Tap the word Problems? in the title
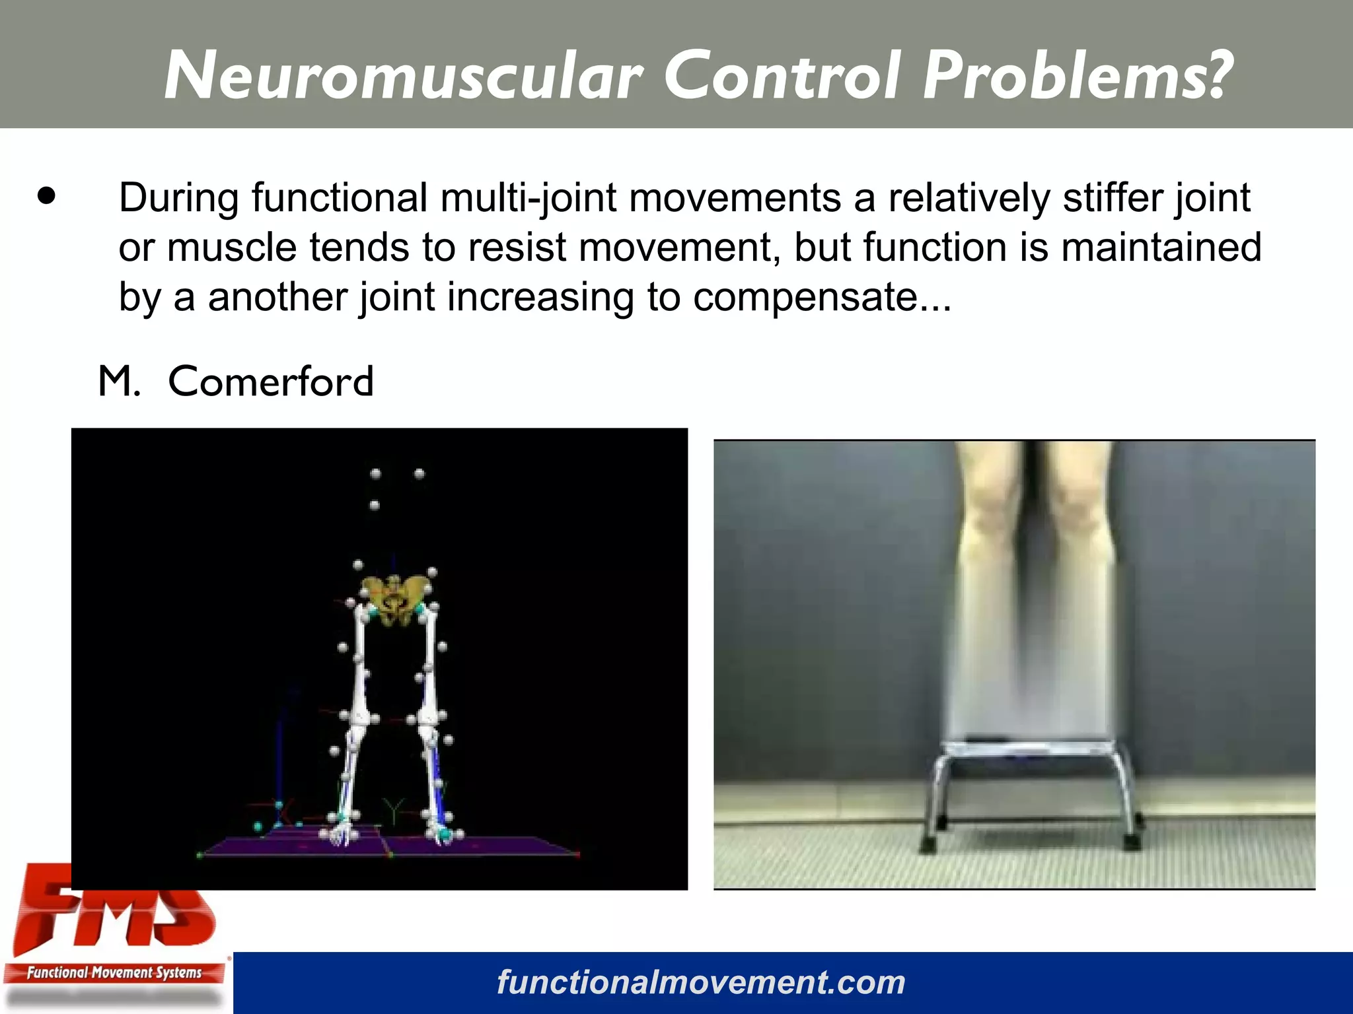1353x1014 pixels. tap(1077, 76)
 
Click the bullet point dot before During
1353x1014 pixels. tap(46, 196)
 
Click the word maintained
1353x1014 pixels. tap(1161, 248)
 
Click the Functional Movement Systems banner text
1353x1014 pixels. tap(114, 972)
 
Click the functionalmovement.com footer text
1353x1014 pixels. tap(700, 982)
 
